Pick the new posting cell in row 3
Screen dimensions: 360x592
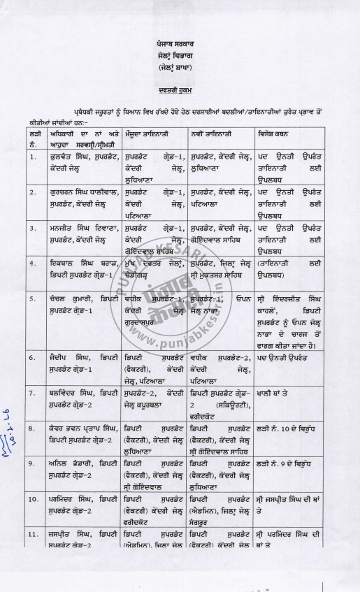click(223, 231)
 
